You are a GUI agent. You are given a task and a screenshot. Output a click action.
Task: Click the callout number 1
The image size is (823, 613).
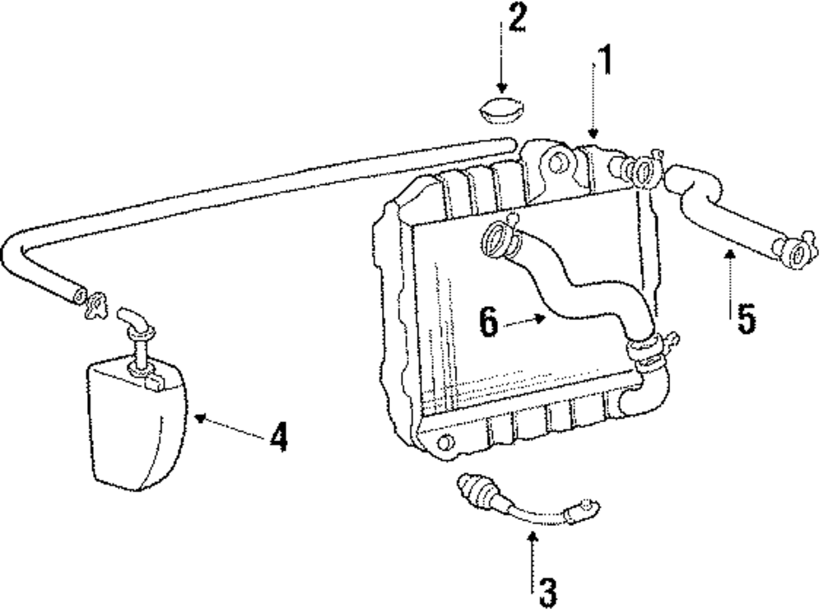pos(605,61)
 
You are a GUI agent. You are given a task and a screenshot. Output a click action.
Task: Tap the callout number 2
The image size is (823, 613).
pos(516,18)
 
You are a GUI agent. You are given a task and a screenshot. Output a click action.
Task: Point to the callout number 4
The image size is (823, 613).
pos(279,437)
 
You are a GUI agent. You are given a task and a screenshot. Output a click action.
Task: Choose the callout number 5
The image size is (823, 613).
pos(746,319)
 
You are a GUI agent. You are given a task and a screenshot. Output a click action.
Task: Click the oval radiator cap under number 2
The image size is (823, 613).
pos(500,110)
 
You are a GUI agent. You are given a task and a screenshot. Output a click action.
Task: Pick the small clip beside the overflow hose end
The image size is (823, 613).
pos(96,304)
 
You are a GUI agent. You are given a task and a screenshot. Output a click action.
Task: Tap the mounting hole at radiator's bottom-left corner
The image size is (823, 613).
pos(445,445)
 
